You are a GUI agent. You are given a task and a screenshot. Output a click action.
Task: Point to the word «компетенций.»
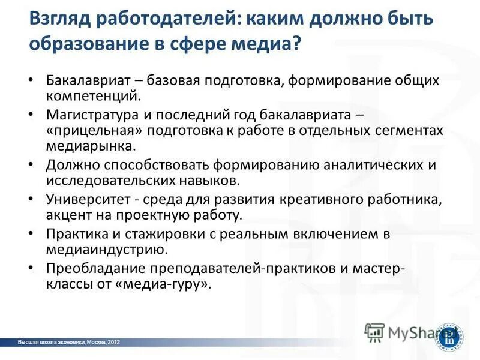93,95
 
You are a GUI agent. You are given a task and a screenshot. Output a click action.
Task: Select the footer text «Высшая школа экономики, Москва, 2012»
69,342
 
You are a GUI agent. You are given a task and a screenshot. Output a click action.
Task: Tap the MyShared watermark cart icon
375,332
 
